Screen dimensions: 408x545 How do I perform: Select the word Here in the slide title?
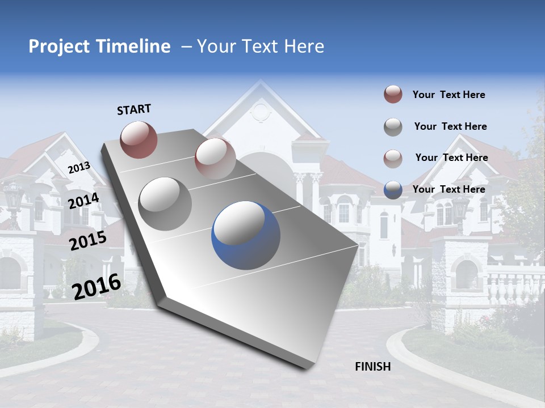303,46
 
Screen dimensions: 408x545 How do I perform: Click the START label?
134,109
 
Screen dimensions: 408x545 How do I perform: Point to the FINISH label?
373,367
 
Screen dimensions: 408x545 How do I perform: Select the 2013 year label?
79,168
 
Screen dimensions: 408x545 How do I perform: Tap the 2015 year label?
88,241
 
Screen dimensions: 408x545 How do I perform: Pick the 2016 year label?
97,287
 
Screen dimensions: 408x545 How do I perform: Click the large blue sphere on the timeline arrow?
246,235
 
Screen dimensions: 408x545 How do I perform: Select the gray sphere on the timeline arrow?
165,203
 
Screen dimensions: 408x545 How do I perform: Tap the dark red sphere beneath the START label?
139,139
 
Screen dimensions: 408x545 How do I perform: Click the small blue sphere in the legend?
393,190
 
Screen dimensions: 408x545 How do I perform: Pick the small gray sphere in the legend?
393,127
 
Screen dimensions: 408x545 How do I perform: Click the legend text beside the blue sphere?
448,189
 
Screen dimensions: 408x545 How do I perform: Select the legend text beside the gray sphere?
450,126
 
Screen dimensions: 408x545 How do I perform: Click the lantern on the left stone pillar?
13,198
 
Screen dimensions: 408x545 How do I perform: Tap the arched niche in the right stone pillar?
466,274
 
